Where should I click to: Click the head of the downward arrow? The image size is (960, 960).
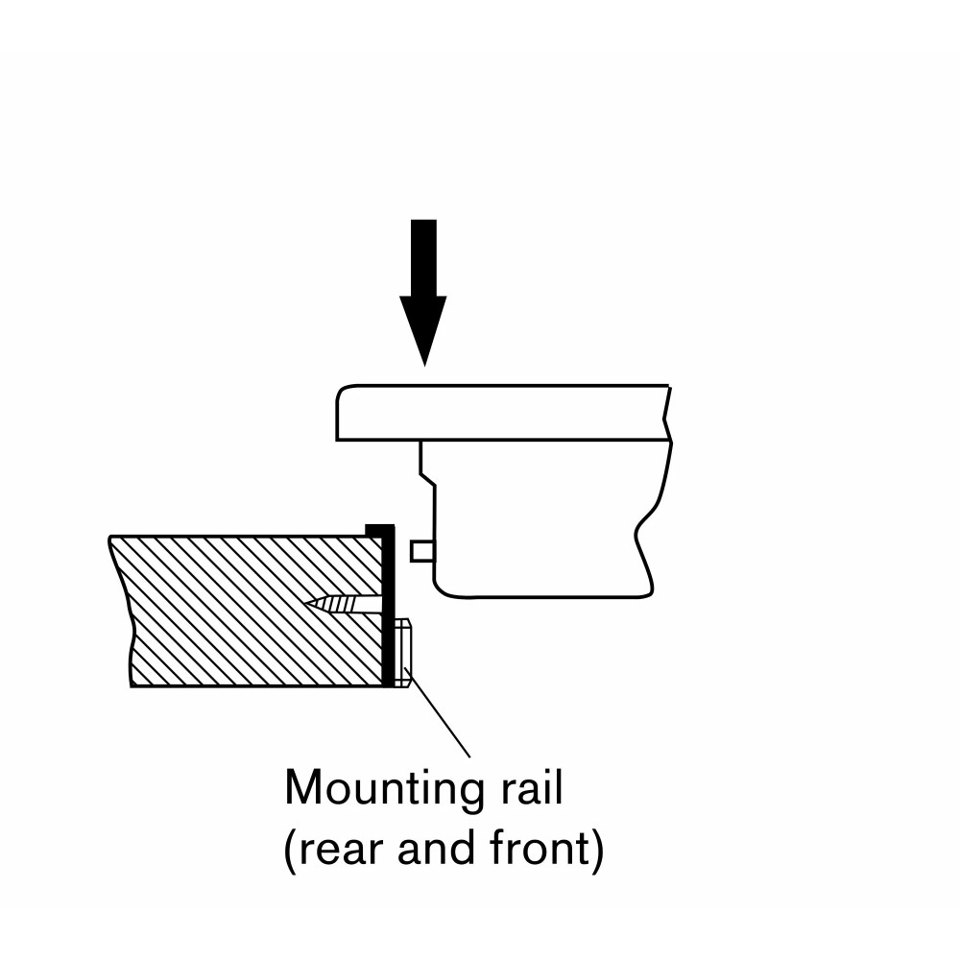423,326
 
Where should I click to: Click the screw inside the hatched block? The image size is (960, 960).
346,604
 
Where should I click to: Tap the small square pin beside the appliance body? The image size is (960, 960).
420,550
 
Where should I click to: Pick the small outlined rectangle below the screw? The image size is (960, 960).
404,653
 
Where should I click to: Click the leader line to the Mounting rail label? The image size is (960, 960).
442,720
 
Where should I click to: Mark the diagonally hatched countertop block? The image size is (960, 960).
240,614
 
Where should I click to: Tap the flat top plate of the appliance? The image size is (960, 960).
499,413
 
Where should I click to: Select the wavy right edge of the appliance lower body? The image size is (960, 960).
646,538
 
